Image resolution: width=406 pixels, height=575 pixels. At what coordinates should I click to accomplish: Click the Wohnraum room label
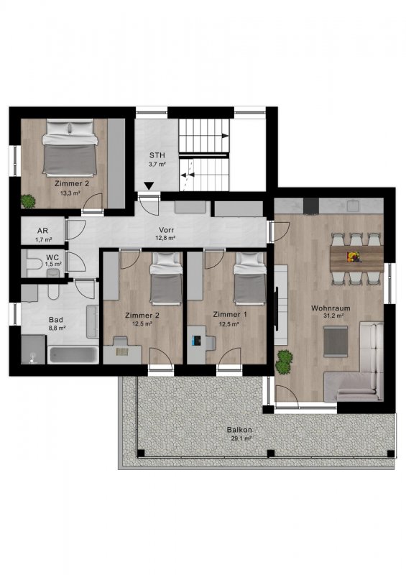click(x=331, y=308)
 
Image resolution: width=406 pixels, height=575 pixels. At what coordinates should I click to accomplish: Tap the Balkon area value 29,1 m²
click(x=241, y=438)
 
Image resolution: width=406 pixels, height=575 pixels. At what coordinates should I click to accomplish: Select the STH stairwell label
click(x=157, y=155)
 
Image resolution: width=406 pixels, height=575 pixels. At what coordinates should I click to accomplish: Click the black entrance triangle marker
click(x=149, y=186)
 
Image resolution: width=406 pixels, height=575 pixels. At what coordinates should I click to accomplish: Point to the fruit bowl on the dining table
click(x=354, y=256)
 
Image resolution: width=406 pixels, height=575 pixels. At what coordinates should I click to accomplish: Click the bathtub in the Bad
click(x=73, y=354)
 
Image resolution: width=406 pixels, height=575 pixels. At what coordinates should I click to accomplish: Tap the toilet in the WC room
click(x=32, y=263)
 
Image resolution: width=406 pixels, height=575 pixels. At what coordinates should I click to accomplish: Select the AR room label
click(x=42, y=231)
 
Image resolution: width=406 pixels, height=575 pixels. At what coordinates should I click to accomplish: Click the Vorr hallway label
click(x=166, y=230)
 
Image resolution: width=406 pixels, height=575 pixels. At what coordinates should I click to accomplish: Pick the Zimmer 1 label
click(x=230, y=314)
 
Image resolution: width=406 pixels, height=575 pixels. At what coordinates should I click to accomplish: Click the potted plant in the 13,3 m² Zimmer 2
click(x=28, y=201)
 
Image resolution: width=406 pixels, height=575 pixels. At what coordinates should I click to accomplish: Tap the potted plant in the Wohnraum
click(x=285, y=362)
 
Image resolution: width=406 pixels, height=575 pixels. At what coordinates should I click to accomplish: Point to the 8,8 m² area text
click(x=57, y=328)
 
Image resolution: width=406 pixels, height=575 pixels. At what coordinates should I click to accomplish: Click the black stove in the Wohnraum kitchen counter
click(x=311, y=206)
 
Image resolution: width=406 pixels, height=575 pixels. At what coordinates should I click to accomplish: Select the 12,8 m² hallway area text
click(x=166, y=238)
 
